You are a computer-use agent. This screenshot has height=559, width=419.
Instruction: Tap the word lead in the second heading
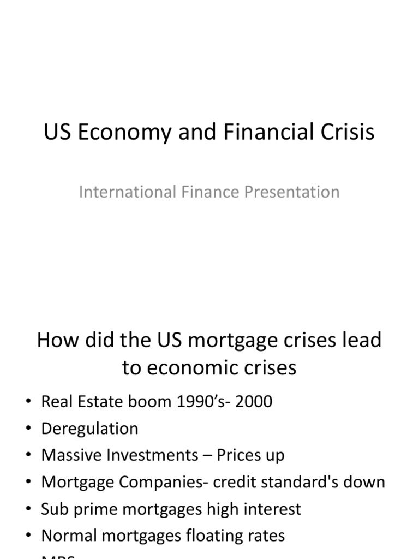pos(362,340)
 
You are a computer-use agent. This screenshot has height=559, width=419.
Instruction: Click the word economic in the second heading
pos(193,367)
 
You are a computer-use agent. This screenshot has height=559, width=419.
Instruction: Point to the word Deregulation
pos(89,429)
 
